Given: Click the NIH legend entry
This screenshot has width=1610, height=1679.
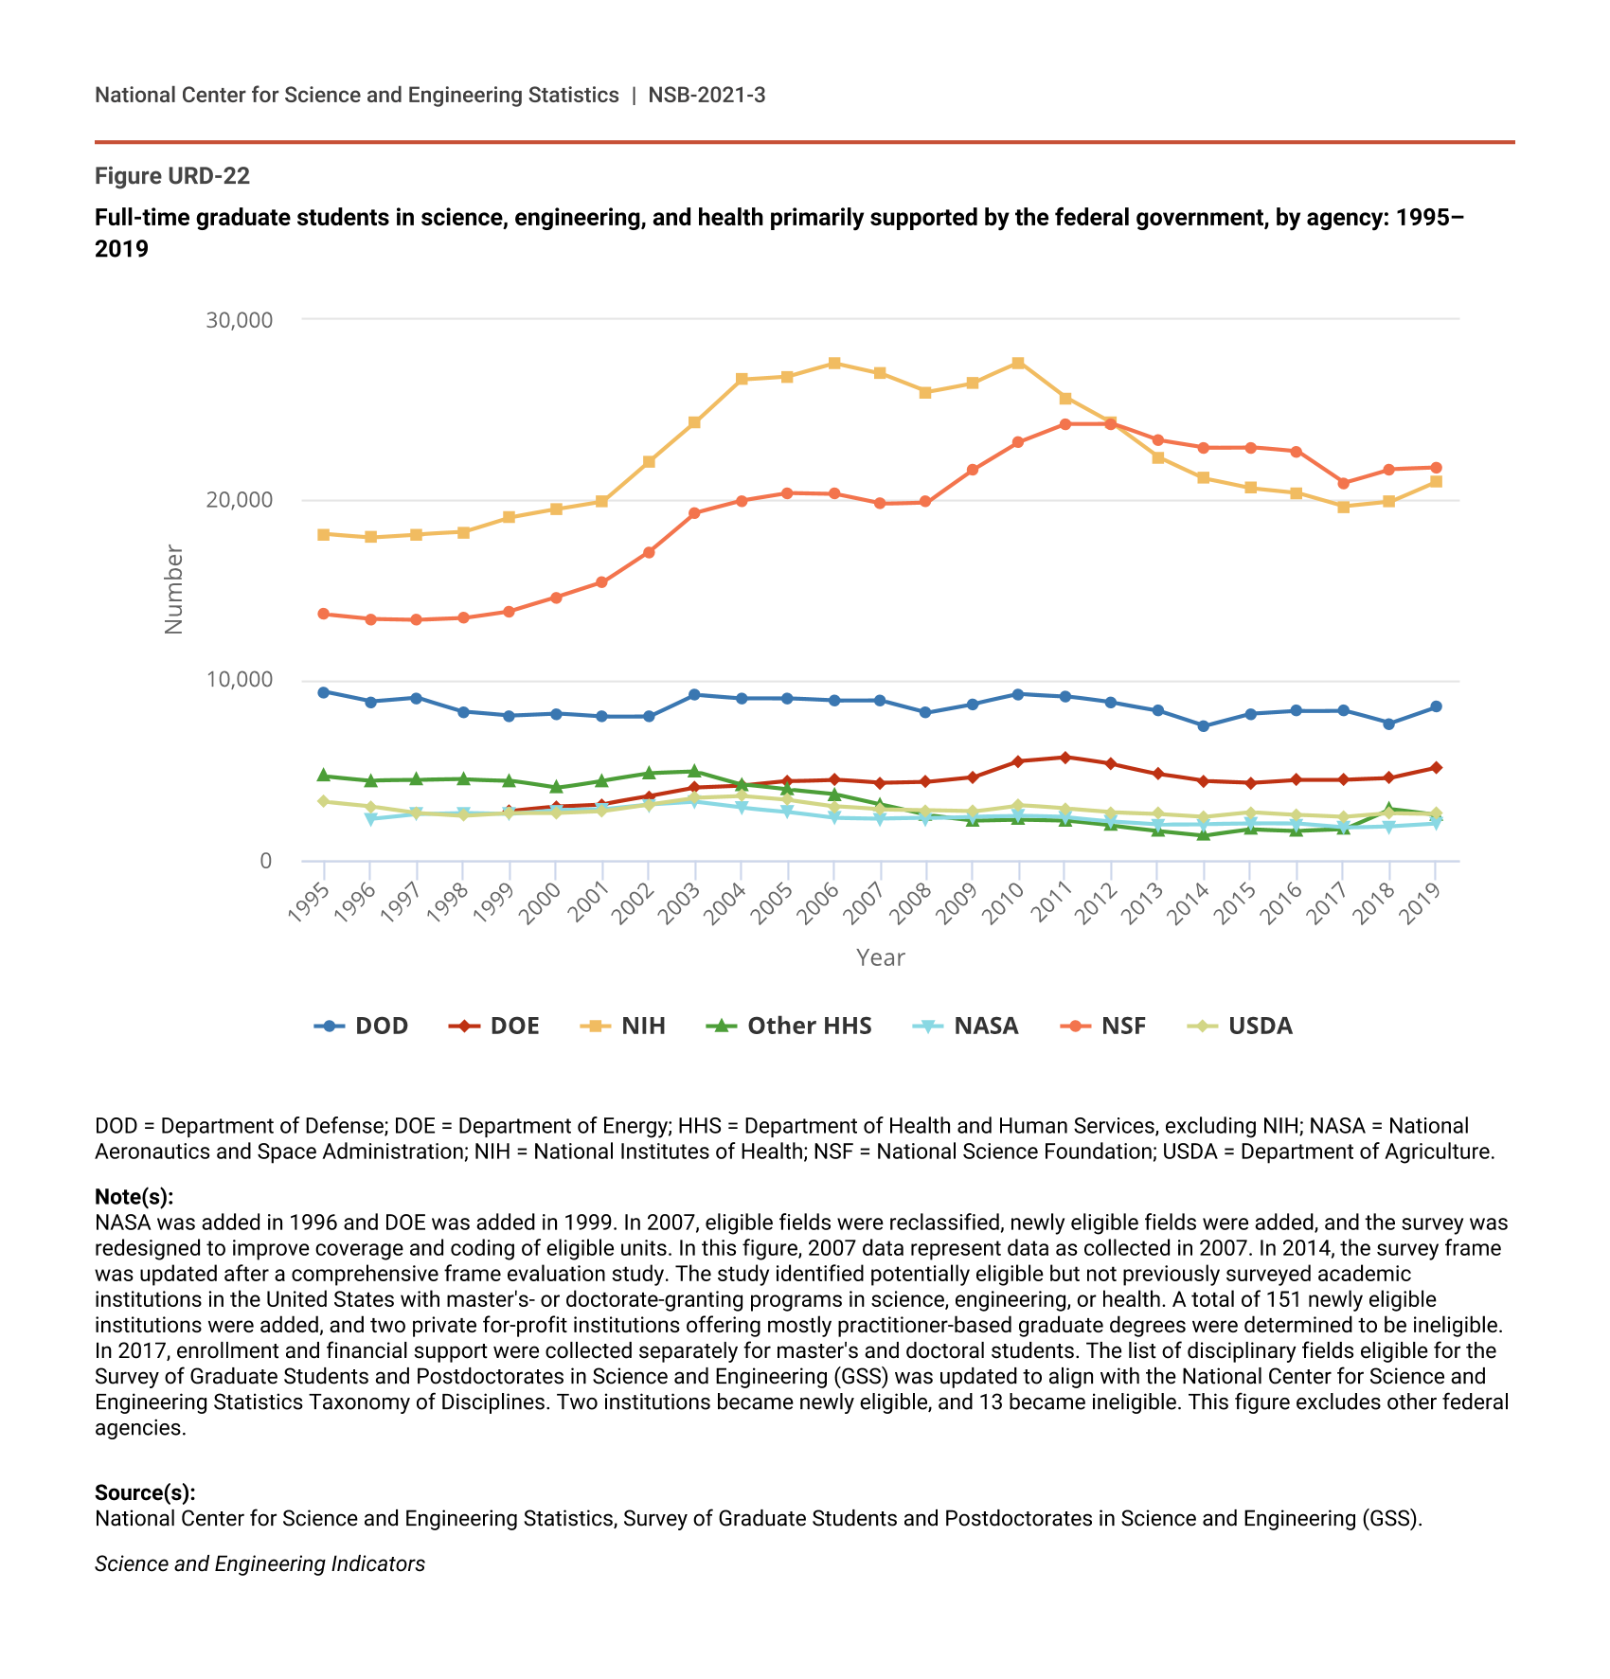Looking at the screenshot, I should click(626, 1026).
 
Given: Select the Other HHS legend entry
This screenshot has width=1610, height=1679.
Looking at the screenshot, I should click(790, 1026).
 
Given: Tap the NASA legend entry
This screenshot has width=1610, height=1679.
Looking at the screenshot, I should click(966, 1026).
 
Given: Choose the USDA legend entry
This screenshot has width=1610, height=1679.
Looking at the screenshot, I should click(1241, 1026).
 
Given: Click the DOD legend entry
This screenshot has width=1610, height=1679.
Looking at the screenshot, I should click(362, 1026).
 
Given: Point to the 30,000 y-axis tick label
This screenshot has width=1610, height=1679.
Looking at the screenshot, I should click(239, 320).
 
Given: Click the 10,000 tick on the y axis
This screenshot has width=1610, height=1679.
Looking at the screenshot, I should click(239, 680).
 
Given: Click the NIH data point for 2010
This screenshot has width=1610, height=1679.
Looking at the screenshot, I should click(1018, 363).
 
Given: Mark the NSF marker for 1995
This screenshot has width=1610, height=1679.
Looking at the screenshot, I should click(324, 614).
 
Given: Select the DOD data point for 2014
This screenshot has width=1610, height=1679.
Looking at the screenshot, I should click(1204, 726).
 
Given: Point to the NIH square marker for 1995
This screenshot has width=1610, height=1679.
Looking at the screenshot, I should click(324, 534).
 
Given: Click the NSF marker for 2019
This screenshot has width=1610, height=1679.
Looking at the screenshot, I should click(1436, 468).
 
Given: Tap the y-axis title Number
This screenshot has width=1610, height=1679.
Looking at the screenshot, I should click(173, 589).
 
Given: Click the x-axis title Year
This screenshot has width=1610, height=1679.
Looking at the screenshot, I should click(881, 957).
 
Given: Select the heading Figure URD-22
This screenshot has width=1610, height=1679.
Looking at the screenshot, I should click(172, 176).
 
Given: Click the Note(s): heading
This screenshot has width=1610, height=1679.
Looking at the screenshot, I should click(134, 1197).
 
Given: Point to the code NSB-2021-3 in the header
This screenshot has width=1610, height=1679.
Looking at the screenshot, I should click(707, 95).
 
